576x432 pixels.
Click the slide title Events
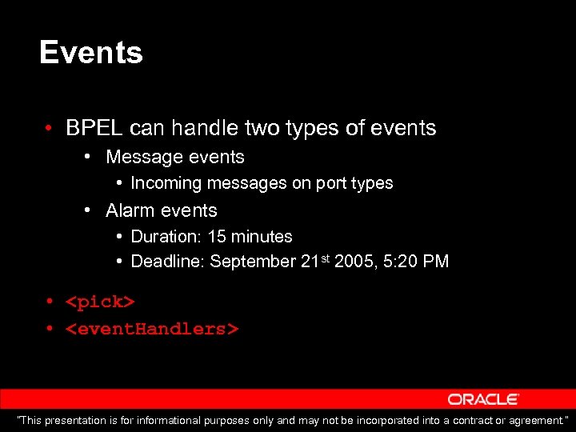[90, 53]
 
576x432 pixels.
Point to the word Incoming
[166, 183]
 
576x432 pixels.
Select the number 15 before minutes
[217, 237]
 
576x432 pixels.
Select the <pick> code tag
[100, 302]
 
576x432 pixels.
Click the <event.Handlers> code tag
[152, 329]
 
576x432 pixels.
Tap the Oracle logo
[483, 399]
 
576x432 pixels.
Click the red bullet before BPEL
[50, 129]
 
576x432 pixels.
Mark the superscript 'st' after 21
[327, 258]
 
